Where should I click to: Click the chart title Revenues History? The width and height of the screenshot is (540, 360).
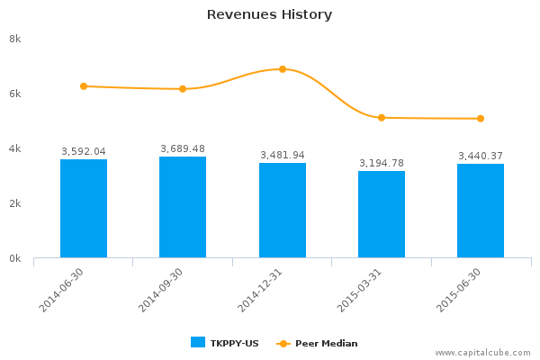click(269, 14)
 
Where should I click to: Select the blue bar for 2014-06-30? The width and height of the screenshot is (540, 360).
click(84, 209)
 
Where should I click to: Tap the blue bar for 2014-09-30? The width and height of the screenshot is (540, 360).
click(183, 207)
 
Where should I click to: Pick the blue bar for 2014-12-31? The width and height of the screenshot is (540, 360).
click(283, 210)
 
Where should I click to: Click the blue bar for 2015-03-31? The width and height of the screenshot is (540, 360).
click(382, 214)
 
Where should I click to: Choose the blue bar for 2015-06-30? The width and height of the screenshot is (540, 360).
click(481, 211)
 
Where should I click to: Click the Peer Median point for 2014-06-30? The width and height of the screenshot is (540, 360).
click(84, 86)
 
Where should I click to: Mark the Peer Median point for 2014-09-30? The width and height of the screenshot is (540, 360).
click(183, 89)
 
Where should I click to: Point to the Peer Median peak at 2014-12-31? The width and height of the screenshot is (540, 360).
click(283, 69)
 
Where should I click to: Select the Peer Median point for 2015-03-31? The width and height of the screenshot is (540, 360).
click(382, 118)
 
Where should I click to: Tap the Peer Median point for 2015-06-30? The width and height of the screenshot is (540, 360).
click(481, 119)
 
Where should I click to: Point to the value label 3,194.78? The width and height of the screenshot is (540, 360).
click(382, 163)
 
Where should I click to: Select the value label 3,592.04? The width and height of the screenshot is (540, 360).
click(84, 152)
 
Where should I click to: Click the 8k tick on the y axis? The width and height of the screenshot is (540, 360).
click(15, 39)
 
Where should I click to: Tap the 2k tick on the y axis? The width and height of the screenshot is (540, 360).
click(15, 203)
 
